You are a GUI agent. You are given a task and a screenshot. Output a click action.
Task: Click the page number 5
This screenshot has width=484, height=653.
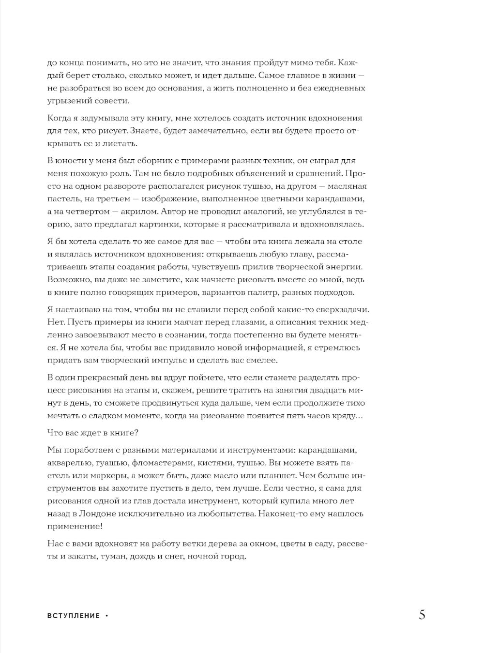(422, 615)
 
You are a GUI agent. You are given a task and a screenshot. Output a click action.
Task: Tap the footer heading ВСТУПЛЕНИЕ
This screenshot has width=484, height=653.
(74, 616)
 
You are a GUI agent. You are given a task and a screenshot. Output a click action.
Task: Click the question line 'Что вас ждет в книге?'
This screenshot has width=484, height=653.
(93, 432)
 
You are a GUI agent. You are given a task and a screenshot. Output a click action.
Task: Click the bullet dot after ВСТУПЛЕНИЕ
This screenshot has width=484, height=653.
(106, 616)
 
